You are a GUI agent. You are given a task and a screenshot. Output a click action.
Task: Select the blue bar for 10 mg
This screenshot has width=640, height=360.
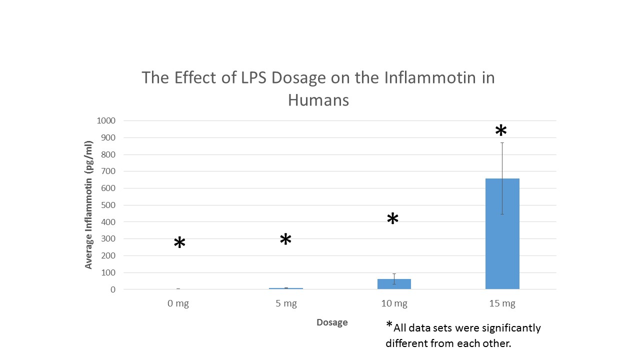[x=394, y=284]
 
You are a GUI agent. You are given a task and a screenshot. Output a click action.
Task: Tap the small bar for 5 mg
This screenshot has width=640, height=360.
[x=286, y=288]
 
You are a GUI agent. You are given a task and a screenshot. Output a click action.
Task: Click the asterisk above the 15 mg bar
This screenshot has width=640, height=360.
[x=500, y=131]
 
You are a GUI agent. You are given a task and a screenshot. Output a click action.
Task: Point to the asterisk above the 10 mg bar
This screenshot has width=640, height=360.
[x=392, y=219]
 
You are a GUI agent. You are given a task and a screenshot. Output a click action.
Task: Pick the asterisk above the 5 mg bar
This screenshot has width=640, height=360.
[x=285, y=240]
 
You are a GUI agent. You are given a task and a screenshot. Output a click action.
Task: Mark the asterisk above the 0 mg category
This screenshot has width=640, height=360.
[x=179, y=243]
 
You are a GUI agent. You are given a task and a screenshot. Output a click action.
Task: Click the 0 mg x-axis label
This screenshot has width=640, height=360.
[x=178, y=303]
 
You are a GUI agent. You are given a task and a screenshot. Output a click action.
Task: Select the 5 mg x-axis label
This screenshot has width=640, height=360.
[x=286, y=303]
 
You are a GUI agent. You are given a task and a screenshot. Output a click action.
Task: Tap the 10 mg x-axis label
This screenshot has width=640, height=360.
[x=394, y=303]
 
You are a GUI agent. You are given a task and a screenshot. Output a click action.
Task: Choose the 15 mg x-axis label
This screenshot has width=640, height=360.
[x=502, y=303]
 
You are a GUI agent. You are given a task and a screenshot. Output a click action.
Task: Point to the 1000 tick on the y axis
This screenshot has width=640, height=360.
[x=106, y=120]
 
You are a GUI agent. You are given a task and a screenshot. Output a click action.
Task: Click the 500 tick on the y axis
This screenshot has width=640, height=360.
[x=108, y=205]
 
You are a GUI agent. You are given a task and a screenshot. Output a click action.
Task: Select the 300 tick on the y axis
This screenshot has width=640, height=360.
[x=108, y=238]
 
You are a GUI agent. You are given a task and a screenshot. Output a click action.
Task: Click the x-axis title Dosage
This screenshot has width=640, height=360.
[x=332, y=322]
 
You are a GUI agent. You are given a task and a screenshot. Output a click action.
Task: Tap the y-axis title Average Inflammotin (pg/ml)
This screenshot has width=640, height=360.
[x=89, y=205]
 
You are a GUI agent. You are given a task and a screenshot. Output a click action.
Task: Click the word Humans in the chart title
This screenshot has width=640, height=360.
[x=318, y=100]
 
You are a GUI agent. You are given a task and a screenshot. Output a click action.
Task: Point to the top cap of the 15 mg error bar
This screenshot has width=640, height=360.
[x=502, y=142]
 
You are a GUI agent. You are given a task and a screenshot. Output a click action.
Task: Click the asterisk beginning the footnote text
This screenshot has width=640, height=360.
[x=389, y=325]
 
